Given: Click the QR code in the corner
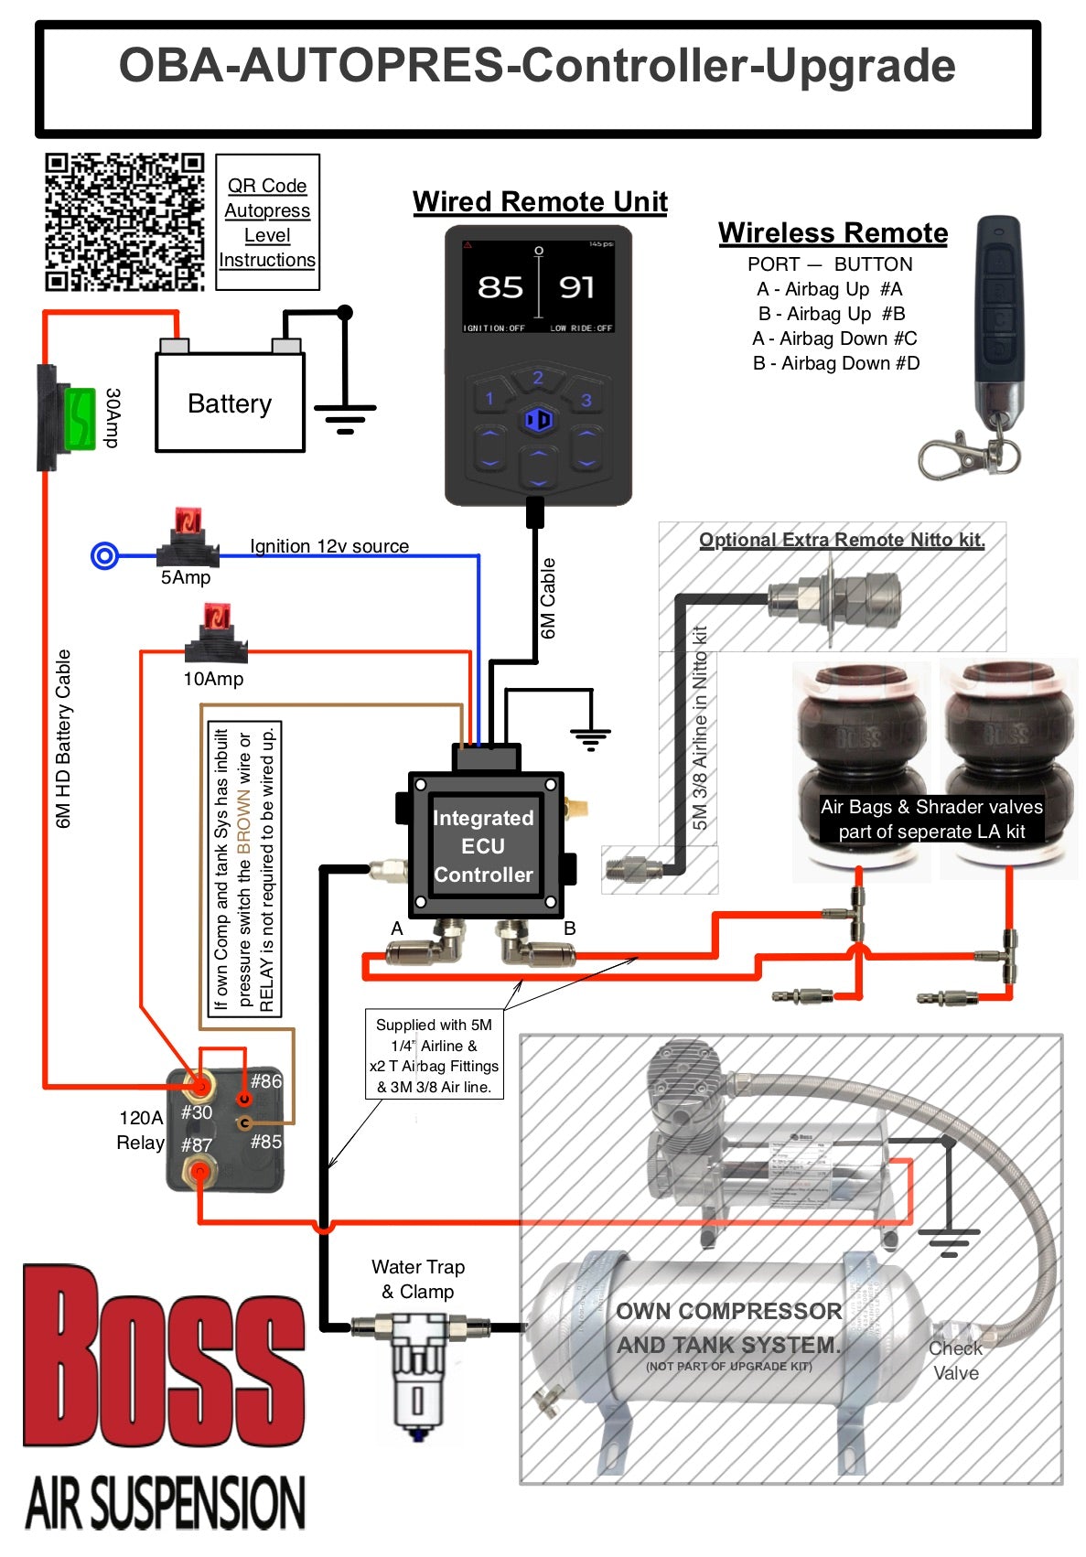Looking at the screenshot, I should (x=124, y=221).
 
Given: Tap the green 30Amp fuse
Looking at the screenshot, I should (x=81, y=419).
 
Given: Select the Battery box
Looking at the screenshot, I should (x=230, y=403).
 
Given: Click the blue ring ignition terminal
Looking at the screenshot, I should (x=105, y=555).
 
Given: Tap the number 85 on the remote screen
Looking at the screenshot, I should (x=500, y=287).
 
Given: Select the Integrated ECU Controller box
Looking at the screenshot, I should (x=483, y=846).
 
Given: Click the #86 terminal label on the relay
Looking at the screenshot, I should (x=266, y=1081).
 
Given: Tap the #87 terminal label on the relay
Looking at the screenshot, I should (x=197, y=1144).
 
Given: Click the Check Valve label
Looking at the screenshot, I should (x=955, y=1360).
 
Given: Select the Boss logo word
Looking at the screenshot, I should (x=165, y=1358).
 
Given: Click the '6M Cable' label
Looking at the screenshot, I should (x=548, y=598).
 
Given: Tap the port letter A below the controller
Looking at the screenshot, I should (x=397, y=929).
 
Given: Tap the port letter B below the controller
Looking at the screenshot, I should (x=570, y=929).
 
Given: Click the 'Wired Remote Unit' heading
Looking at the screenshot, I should (x=540, y=201).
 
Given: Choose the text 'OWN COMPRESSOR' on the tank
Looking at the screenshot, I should (x=728, y=1311).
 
